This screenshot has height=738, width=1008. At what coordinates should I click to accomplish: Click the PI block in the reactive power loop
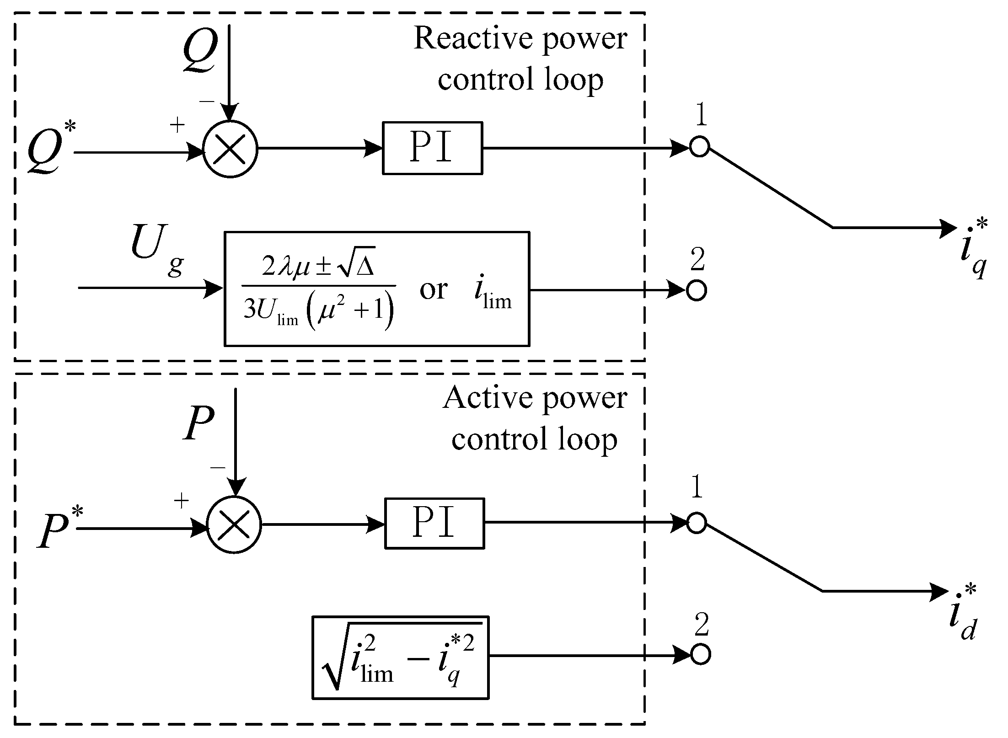tap(432, 148)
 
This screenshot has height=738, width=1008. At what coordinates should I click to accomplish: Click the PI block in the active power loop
tap(434, 523)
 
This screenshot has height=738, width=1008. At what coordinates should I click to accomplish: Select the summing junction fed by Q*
tap(230, 149)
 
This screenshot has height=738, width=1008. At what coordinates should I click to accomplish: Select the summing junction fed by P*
tap(234, 525)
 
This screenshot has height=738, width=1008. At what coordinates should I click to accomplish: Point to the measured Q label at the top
tap(200, 50)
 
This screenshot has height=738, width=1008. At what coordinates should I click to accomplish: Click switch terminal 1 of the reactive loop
tap(699, 147)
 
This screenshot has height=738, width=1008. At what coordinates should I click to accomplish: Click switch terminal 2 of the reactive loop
tap(697, 290)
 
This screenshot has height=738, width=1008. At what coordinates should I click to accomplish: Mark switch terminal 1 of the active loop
tap(697, 523)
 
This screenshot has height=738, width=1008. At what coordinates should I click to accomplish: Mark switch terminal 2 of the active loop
tap(700, 654)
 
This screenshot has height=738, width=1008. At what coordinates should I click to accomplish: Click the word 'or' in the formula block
tap(433, 290)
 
